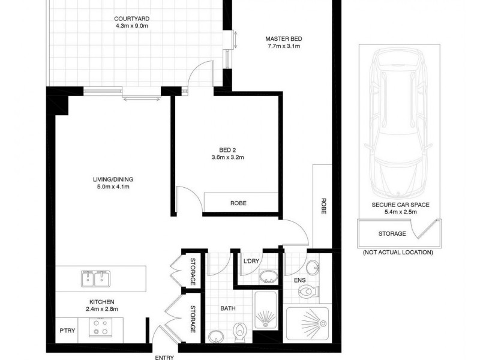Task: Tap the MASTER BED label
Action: click(x=283, y=39)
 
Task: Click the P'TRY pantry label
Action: click(x=66, y=330)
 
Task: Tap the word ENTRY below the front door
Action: click(x=164, y=357)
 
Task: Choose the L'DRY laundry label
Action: click(x=251, y=261)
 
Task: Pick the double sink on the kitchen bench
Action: click(x=96, y=278)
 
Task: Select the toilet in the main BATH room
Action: click(x=241, y=331)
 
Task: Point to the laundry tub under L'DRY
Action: click(x=268, y=276)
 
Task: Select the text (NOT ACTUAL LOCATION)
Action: click(x=397, y=253)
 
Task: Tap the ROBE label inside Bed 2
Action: click(x=238, y=203)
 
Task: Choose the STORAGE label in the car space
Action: click(x=391, y=234)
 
